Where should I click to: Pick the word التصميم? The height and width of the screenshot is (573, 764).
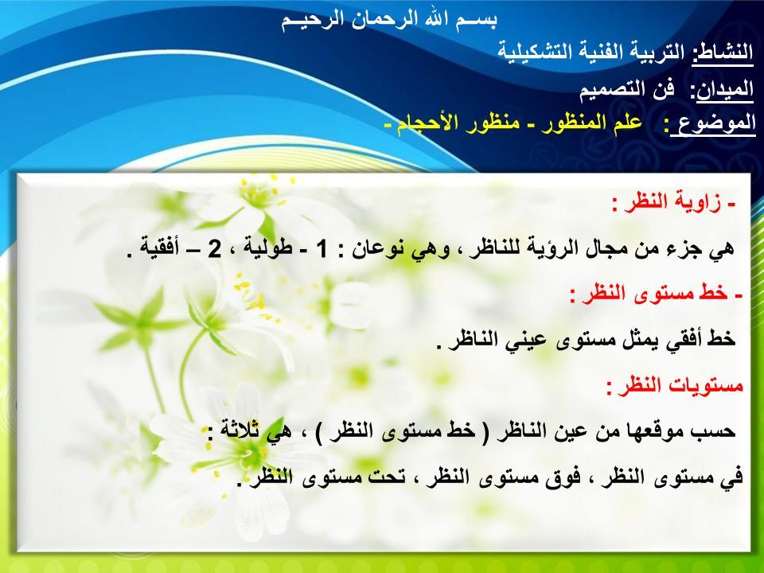click(610, 90)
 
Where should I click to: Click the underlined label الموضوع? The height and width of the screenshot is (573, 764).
click(713, 124)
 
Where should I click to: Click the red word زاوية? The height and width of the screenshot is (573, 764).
click(700, 202)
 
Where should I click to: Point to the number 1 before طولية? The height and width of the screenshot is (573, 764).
click(322, 249)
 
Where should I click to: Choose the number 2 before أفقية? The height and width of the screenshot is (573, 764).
click(214, 249)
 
